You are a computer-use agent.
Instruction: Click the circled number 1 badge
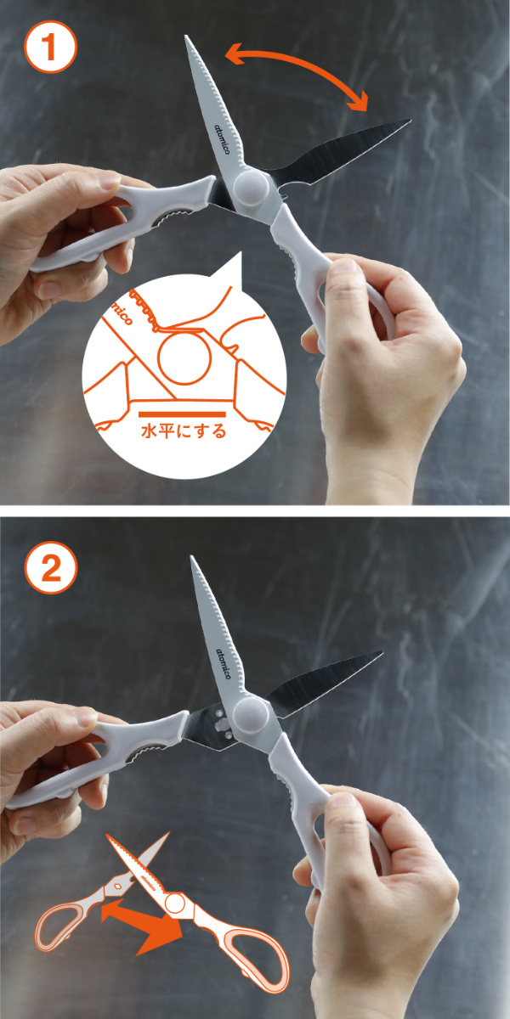coord(50,47)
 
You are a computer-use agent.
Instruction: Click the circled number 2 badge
coord(50,567)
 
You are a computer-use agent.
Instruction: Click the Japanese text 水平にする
coord(184,431)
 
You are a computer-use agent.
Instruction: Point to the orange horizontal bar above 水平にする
coord(182,414)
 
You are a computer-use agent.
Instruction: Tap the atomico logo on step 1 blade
coord(223,138)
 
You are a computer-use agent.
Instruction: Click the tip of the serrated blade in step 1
coord(186,36)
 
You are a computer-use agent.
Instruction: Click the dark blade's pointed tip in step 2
coord(382,652)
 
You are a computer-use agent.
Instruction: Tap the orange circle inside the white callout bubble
coord(184,357)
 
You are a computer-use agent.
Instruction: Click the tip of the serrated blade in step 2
coord(191,557)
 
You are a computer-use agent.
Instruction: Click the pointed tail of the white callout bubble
coord(239,253)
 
